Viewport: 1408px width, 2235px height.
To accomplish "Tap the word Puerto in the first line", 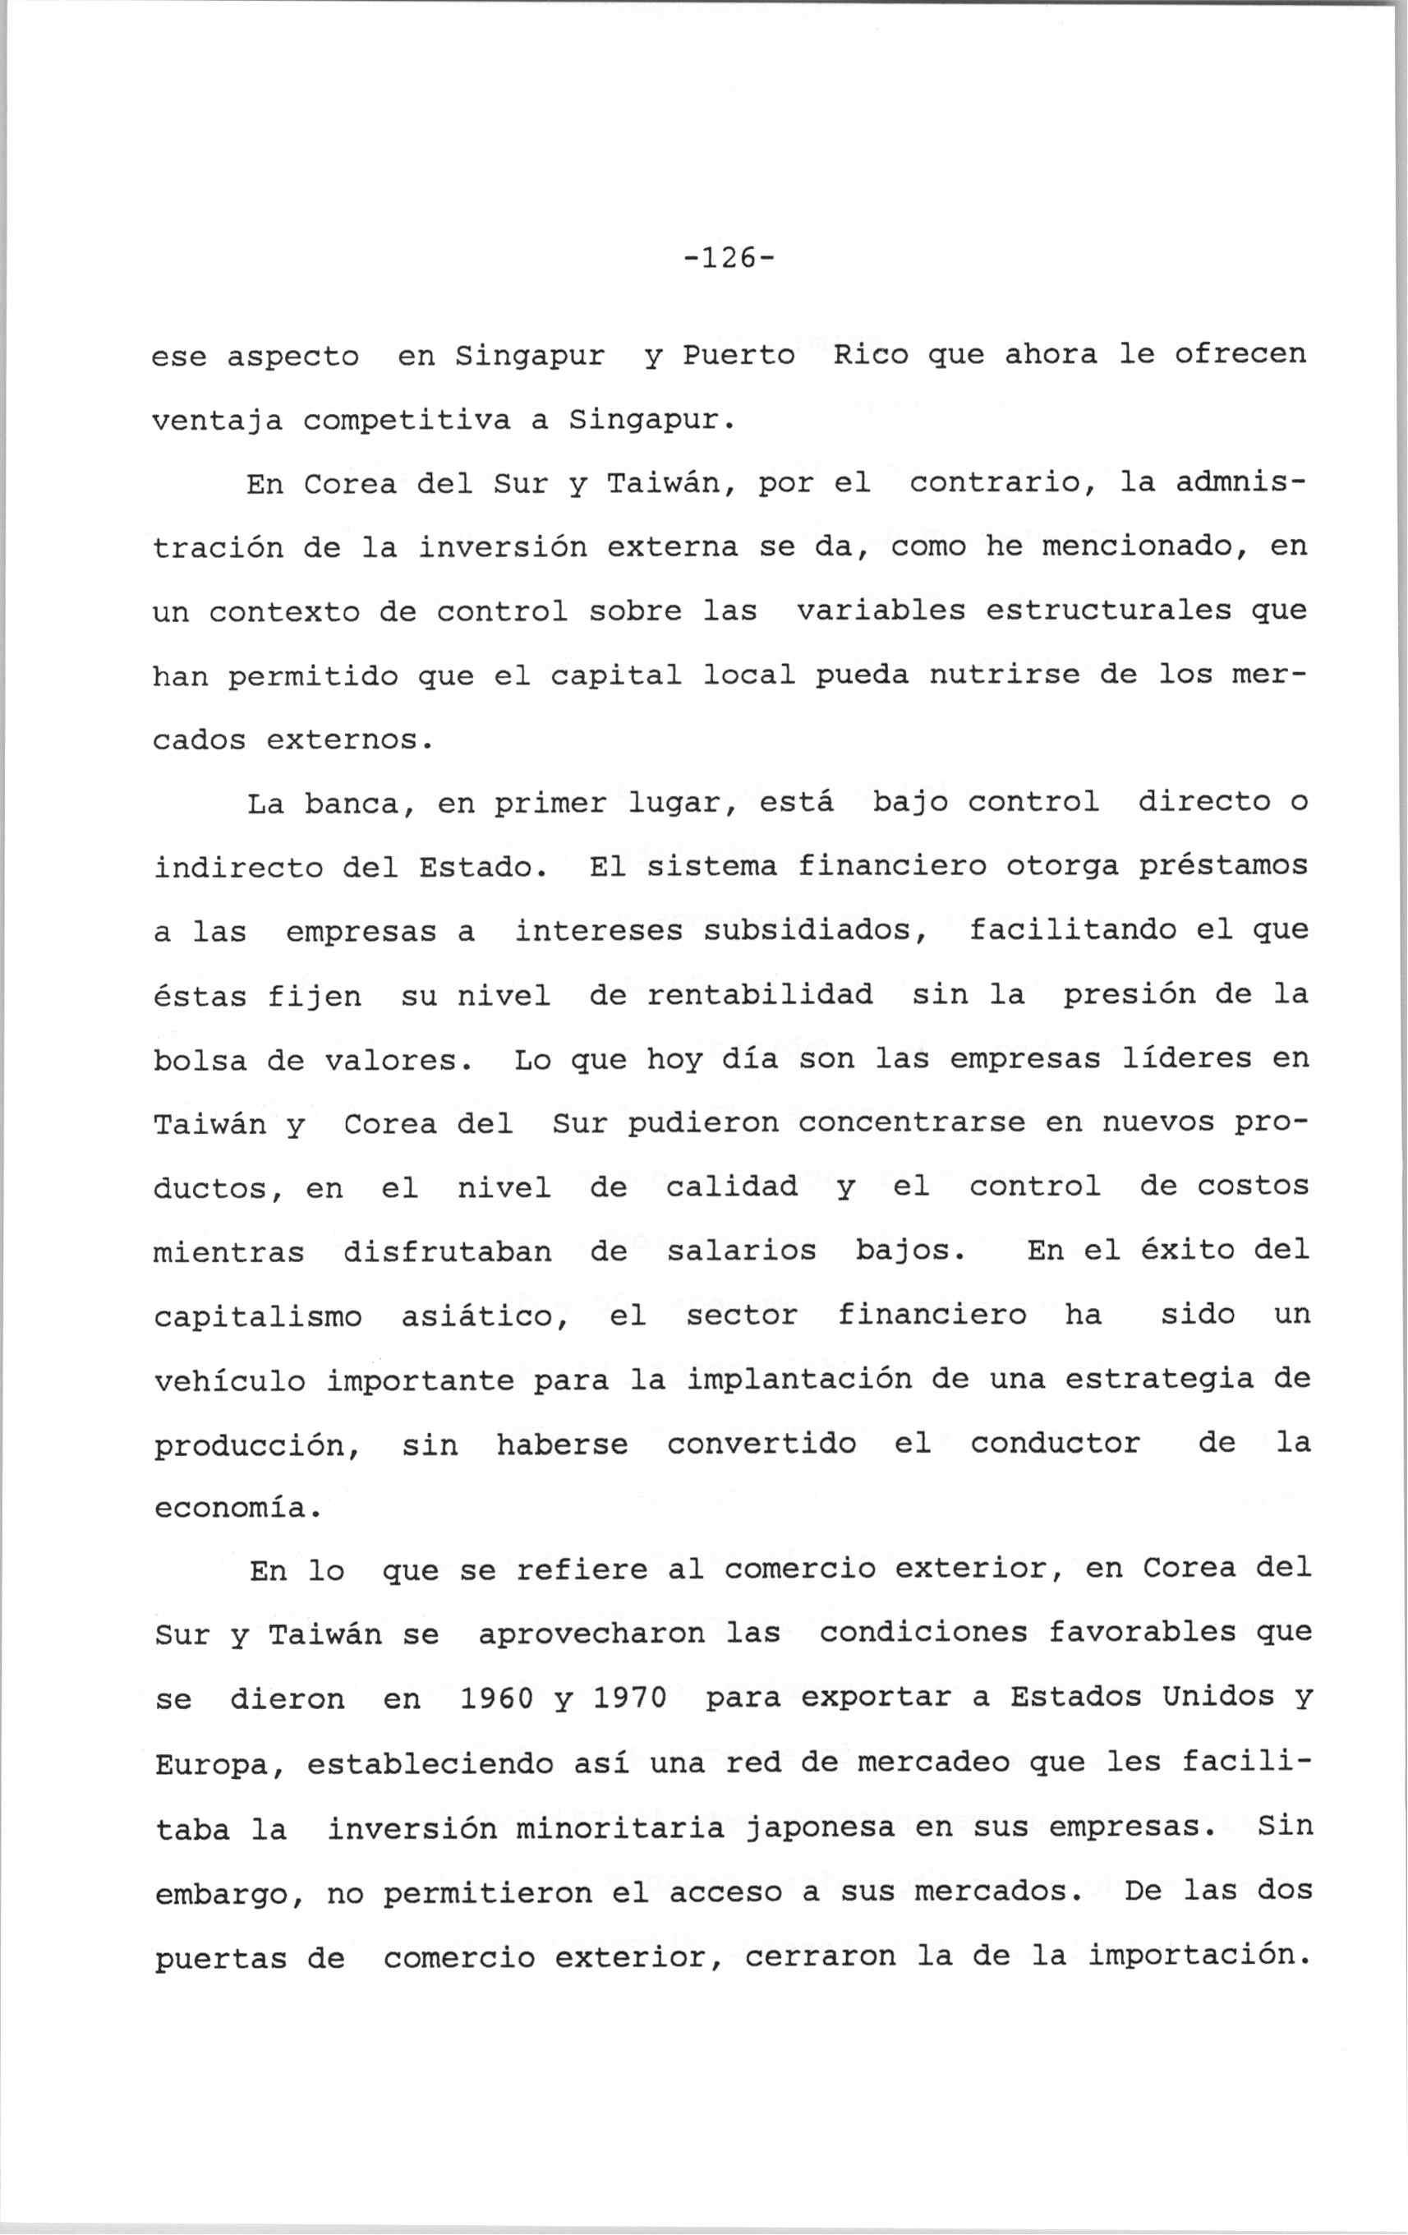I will (x=739, y=356).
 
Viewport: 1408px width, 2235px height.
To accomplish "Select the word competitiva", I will (x=407, y=421).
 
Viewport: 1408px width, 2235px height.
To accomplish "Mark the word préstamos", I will (x=1222, y=867).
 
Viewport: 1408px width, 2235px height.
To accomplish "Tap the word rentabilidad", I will (x=760, y=996).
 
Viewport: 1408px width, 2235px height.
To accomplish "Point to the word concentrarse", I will (x=912, y=1124).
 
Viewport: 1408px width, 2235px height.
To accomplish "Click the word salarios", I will (x=742, y=1252).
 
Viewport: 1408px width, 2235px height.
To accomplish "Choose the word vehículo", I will (x=230, y=1381).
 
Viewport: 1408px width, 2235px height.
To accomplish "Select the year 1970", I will (x=629, y=1699).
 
